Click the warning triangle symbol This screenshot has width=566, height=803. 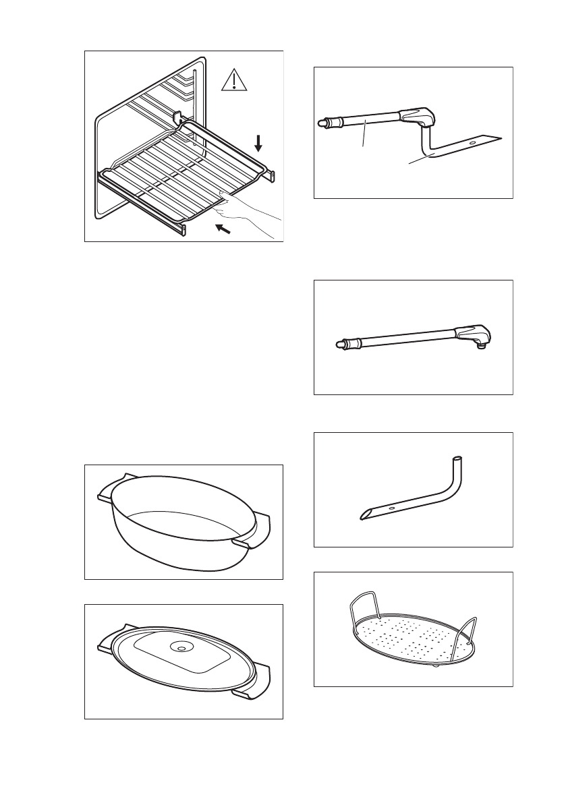[232, 82]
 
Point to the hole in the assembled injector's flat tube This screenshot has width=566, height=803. [472, 142]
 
